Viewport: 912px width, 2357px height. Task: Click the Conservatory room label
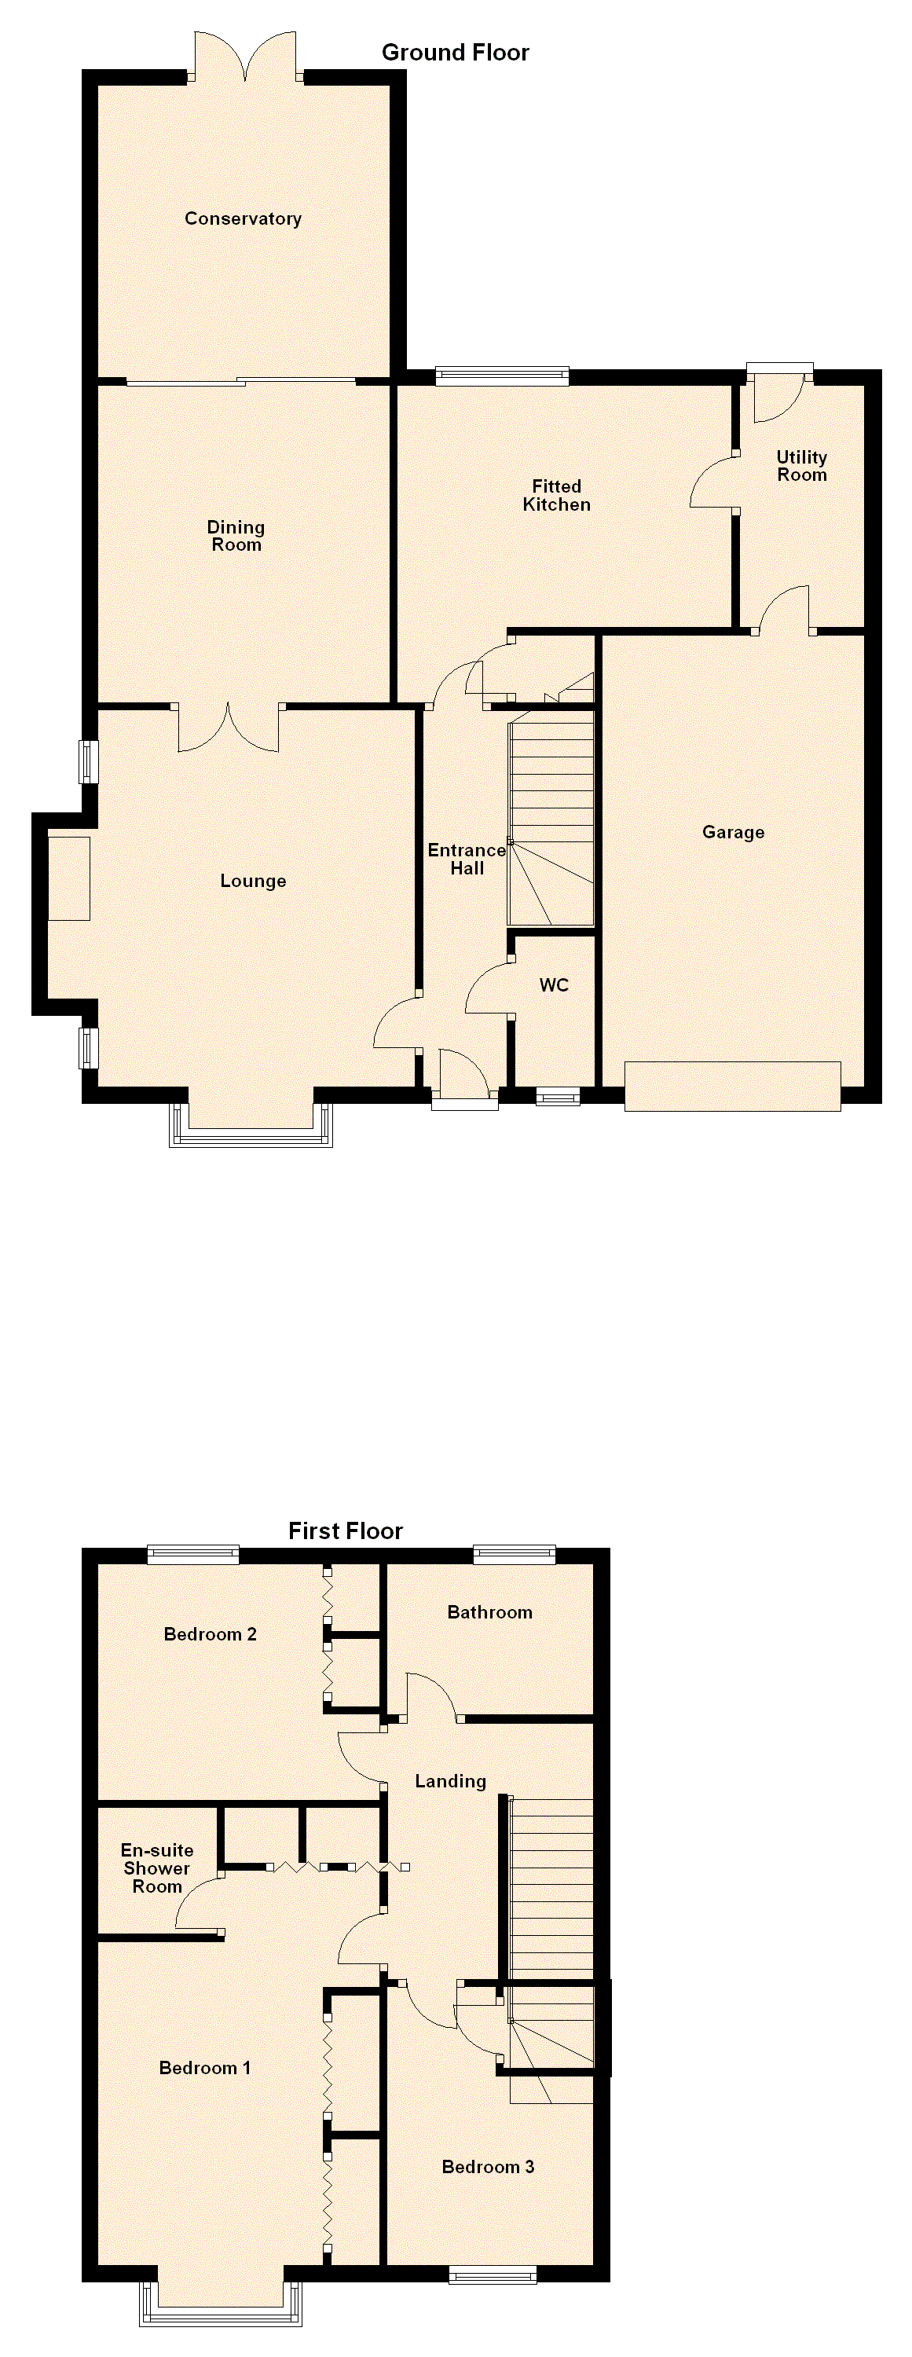coord(243,218)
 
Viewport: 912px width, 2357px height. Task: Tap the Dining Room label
coord(236,536)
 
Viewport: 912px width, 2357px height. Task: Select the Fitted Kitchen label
coord(556,495)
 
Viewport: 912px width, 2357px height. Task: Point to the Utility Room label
coord(801,466)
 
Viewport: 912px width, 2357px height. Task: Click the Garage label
coord(733,833)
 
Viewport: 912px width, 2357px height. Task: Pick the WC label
coord(554,985)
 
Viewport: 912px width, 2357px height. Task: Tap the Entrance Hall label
coord(467,860)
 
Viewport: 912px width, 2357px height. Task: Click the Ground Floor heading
coord(455,52)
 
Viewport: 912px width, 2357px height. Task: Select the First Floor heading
coord(345,1530)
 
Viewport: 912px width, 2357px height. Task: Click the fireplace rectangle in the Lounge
coord(68,878)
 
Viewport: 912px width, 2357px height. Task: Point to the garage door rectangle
coord(733,1086)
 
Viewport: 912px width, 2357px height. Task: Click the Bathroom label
coord(489,1613)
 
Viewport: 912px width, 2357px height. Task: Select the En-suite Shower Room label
coord(157,1868)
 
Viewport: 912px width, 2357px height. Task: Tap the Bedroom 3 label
coord(488,2167)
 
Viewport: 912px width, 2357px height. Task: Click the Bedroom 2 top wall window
coord(193,1555)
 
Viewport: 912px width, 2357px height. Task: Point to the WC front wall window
coord(558,1095)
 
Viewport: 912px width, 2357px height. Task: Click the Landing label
coord(450,1781)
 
